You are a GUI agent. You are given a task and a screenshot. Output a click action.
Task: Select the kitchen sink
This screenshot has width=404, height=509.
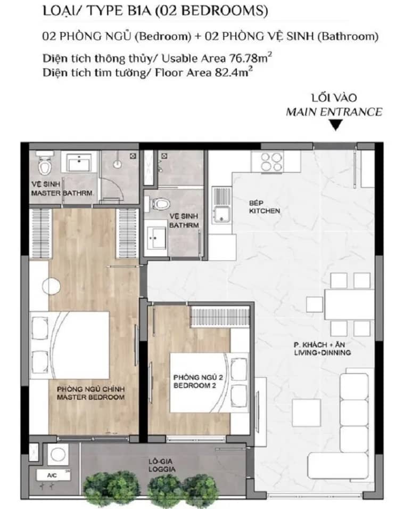222,205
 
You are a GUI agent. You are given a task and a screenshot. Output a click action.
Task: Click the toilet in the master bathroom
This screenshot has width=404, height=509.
45,164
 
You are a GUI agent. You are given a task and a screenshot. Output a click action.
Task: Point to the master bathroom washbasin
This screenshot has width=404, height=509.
78,163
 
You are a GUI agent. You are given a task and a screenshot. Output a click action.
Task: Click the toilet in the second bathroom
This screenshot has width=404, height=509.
161,204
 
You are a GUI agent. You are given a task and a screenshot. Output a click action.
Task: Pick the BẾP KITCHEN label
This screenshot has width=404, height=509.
264,207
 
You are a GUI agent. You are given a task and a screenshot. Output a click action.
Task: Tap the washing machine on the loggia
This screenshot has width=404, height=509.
59,454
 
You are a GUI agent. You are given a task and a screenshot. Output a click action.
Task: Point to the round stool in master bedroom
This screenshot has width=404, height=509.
51,287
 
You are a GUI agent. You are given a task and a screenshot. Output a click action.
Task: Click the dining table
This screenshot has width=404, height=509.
348,304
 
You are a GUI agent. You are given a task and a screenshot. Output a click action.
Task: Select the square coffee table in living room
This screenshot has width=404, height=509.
307,413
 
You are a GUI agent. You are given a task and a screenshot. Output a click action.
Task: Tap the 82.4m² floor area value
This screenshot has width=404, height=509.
234,72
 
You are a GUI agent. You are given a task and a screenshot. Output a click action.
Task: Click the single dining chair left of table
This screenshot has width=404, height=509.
314,304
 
